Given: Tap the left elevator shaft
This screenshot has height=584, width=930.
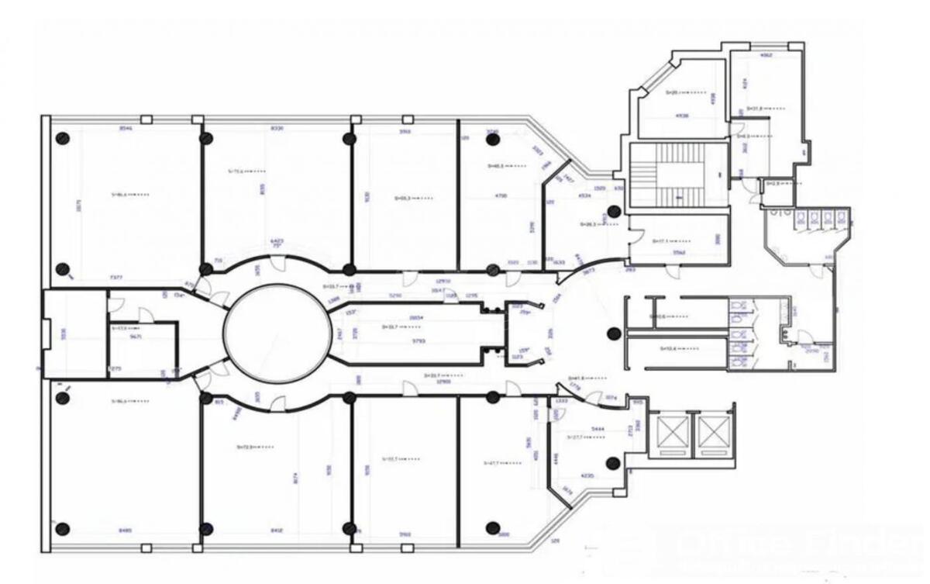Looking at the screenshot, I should [671, 432].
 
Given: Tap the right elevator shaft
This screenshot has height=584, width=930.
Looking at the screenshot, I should [713, 432].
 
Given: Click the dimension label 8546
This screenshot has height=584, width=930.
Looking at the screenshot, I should [126, 129].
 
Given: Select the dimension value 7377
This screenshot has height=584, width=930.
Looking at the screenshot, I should [116, 276].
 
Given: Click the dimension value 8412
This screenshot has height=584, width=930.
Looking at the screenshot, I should [277, 531].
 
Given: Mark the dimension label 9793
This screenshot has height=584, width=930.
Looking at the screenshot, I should [419, 340].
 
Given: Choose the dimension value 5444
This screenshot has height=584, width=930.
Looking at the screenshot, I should [598, 428].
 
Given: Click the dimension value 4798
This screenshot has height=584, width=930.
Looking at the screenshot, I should [501, 196].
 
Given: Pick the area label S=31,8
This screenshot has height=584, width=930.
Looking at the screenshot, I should [759, 109].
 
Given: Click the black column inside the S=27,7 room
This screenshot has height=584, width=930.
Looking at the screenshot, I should [613, 463].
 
